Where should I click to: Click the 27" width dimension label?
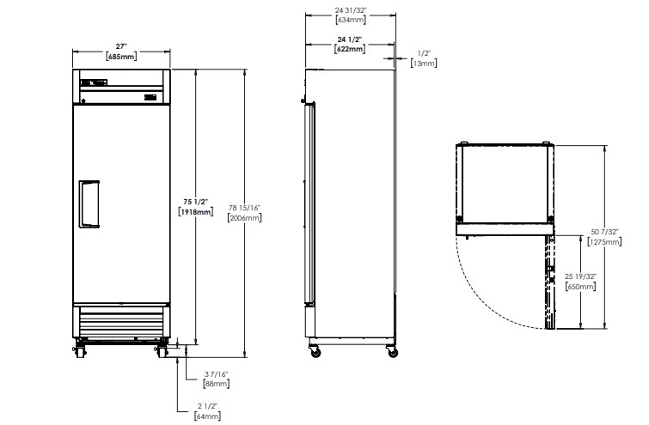point(121,46)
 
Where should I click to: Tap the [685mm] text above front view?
point(121,56)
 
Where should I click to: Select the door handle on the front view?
point(89,204)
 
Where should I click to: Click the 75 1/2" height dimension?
point(195,202)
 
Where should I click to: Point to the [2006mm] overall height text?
point(245,217)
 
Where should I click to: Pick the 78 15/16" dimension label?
point(245,208)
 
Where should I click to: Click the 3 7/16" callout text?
point(216,374)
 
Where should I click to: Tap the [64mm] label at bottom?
point(207,416)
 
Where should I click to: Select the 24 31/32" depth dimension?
point(351,10)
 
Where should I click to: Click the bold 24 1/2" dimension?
point(350,39)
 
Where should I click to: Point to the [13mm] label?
point(424,63)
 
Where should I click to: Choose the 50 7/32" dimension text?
point(604,232)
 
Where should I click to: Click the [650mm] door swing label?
point(580,286)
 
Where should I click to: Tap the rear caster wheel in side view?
point(392,353)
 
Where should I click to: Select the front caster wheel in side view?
point(315,352)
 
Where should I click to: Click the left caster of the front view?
point(80,351)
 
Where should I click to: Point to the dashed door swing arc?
point(481,296)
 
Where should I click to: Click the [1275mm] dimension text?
point(604,241)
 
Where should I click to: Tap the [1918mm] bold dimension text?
point(195,212)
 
